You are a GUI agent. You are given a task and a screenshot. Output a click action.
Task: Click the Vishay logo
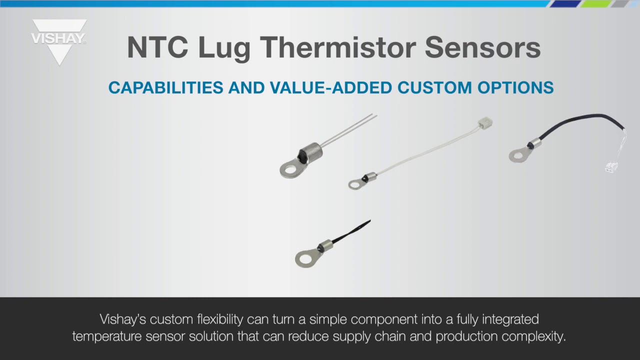pos(59,40)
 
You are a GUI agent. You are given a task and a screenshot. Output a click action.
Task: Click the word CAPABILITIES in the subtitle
pos(165,87)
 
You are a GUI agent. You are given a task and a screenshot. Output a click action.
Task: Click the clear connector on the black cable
pos(611,166)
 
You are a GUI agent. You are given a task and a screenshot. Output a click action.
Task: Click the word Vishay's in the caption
pos(123,319)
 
